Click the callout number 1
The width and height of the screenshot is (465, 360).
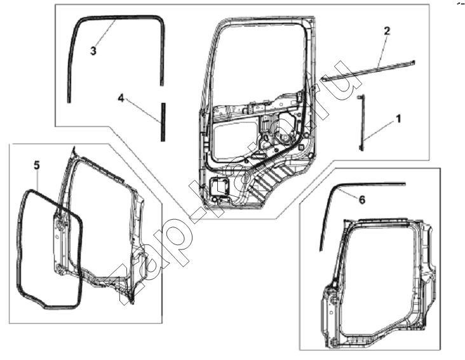(x=398, y=119)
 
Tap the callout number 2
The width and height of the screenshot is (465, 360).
(x=387, y=31)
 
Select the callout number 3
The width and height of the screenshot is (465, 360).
(x=93, y=51)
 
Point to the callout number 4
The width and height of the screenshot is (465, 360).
(x=121, y=98)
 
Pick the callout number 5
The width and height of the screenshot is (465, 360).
(x=36, y=165)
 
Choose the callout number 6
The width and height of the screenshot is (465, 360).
(x=362, y=200)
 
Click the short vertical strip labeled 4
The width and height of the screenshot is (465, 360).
(x=163, y=122)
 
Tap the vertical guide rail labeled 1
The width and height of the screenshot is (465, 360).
(x=361, y=123)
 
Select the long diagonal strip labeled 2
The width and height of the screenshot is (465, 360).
(x=368, y=71)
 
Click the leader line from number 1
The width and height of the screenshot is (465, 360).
(x=381, y=132)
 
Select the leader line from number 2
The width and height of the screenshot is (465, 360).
(x=382, y=51)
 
